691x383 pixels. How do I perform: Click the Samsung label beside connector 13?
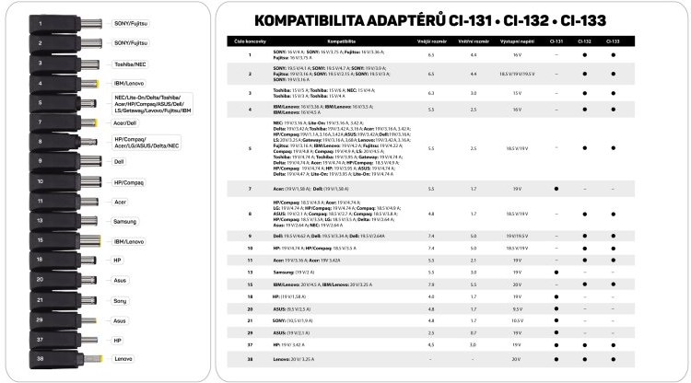point(124,221)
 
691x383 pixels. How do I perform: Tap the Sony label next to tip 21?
point(120,301)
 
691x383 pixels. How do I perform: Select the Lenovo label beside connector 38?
point(123,359)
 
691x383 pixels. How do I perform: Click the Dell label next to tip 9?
point(119,160)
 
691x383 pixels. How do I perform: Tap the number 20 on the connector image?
point(40,279)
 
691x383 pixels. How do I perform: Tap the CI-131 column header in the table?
point(556,41)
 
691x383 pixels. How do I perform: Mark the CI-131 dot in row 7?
point(556,188)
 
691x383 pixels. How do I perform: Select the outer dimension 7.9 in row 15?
point(431,284)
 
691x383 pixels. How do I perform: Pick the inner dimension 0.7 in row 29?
point(474,332)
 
